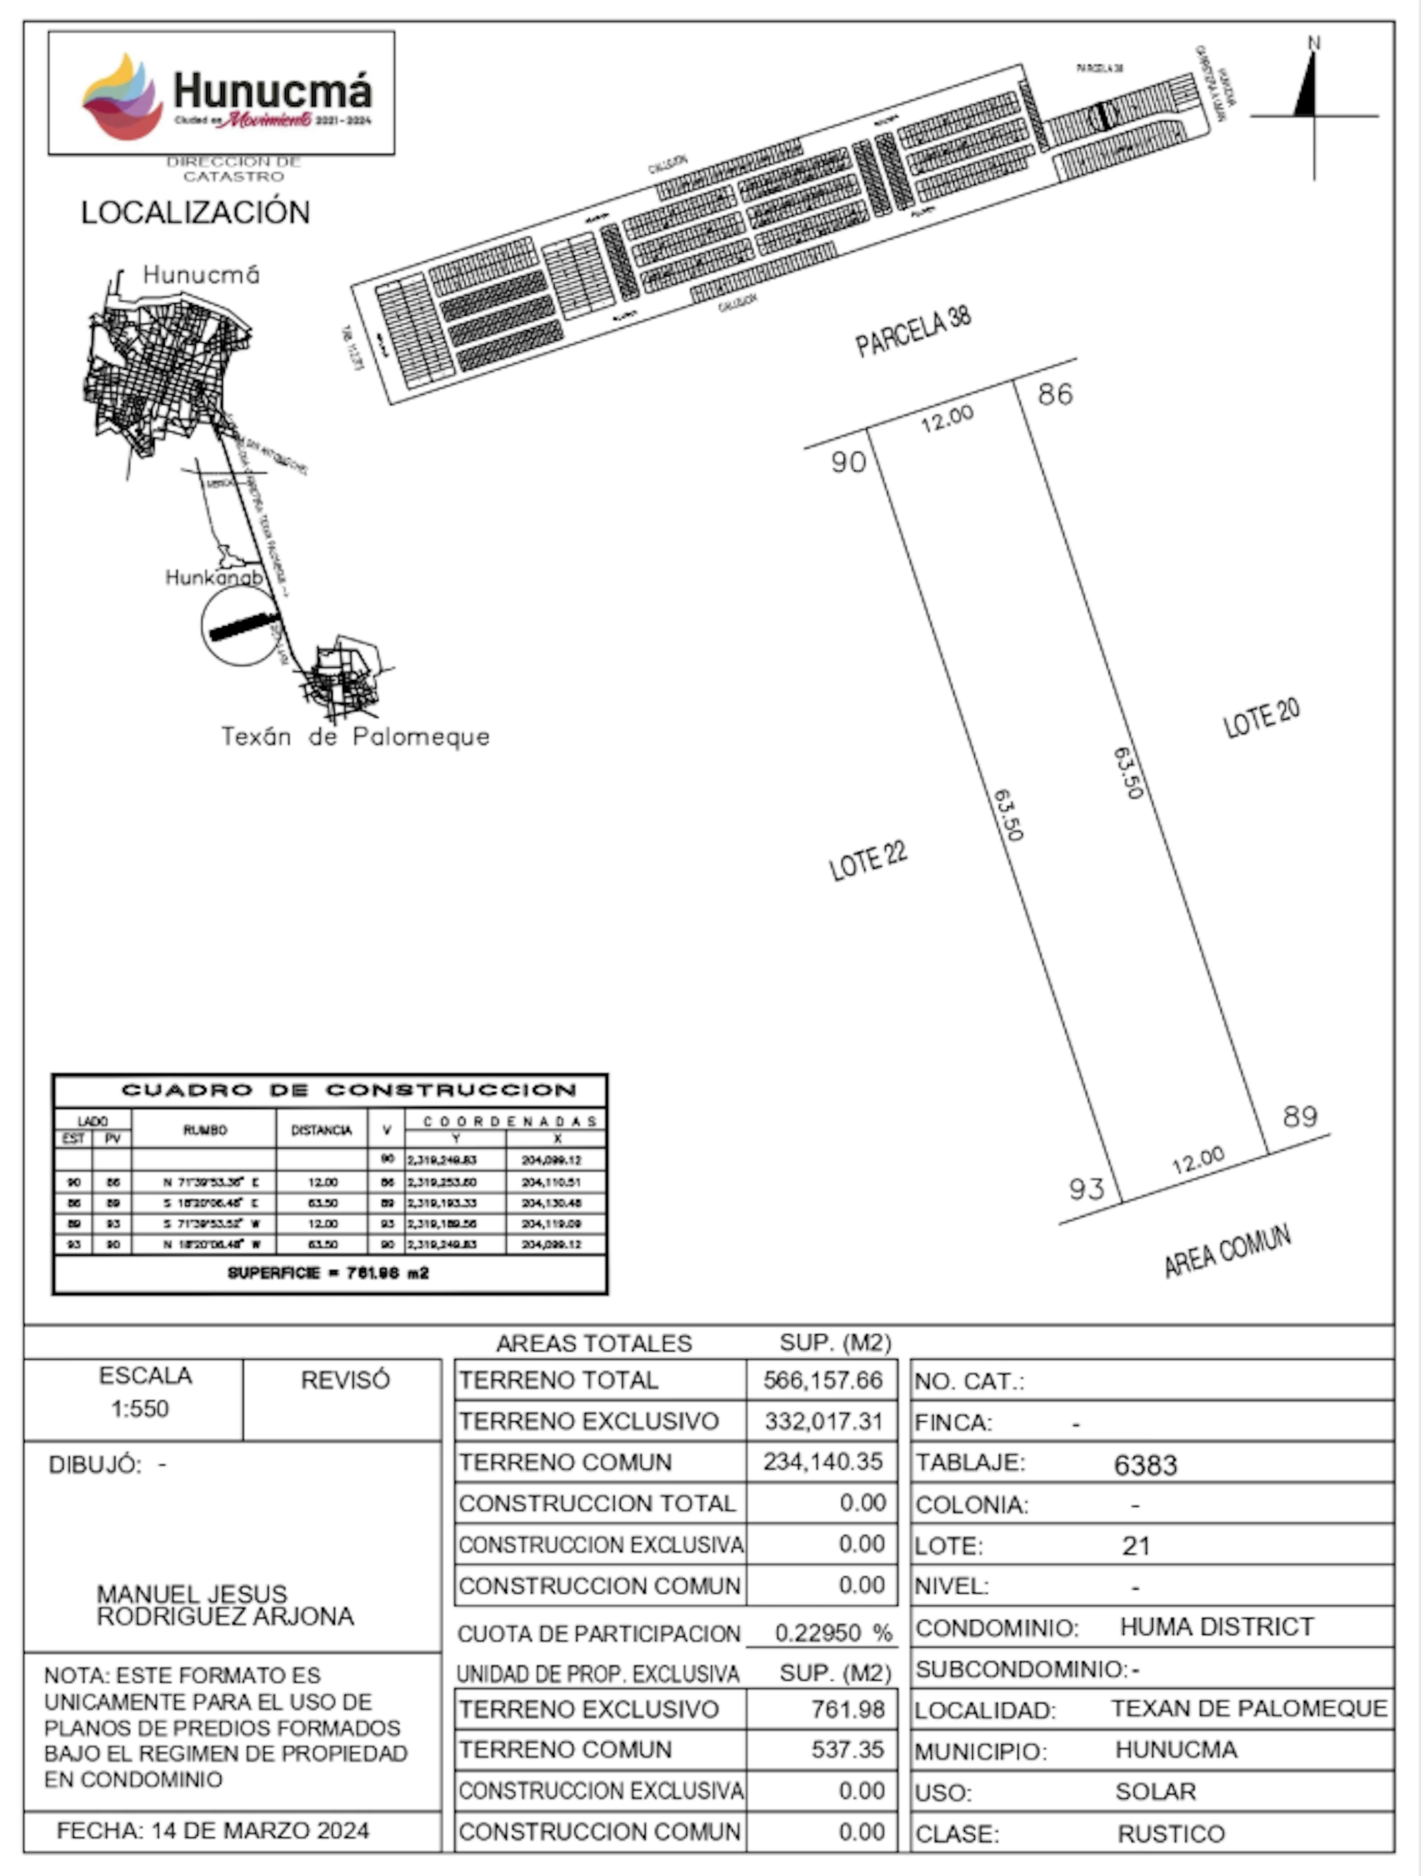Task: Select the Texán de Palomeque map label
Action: (356, 736)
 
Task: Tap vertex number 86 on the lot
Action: (1055, 394)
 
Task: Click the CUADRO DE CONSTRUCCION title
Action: (349, 1090)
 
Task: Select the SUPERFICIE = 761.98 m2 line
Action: (328, 1273)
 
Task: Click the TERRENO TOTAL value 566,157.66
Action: (822, 1380)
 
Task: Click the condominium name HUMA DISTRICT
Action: (1216, 1627)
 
